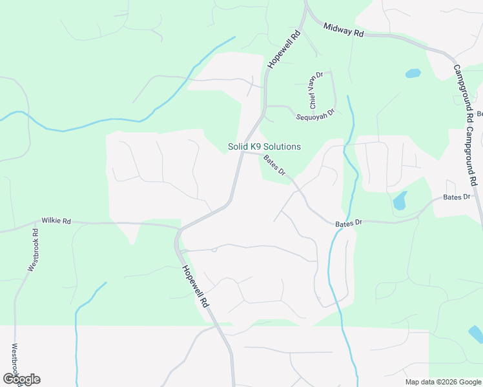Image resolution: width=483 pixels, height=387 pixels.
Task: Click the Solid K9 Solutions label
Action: click(x=264, y=147)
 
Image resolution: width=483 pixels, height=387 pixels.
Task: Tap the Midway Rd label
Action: click(x=344, y=30)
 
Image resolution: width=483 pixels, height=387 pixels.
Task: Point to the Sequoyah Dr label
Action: click(x=315, y=114)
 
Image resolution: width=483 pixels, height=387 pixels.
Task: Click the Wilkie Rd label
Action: click(x=56, y=221)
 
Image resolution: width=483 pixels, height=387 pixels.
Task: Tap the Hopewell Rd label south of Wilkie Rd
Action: click(x=195, y=286)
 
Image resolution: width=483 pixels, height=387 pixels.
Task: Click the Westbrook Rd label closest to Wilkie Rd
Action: click(x=34, y=248)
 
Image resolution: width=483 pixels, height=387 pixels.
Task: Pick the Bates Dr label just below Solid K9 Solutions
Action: click(x=274, y=165)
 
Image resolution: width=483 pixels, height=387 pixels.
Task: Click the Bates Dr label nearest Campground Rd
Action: click(x=457, y=197)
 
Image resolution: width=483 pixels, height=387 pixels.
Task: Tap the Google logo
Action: click(x=21, y=379)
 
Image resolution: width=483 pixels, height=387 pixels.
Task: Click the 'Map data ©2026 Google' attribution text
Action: click(x=443, y=382)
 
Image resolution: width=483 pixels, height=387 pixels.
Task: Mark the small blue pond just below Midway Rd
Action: click(x=413, y=74)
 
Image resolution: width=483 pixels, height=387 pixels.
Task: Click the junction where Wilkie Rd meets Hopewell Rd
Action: click(x=180, y=228)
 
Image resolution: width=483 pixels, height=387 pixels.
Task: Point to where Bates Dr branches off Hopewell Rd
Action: click(x=241, y=154)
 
